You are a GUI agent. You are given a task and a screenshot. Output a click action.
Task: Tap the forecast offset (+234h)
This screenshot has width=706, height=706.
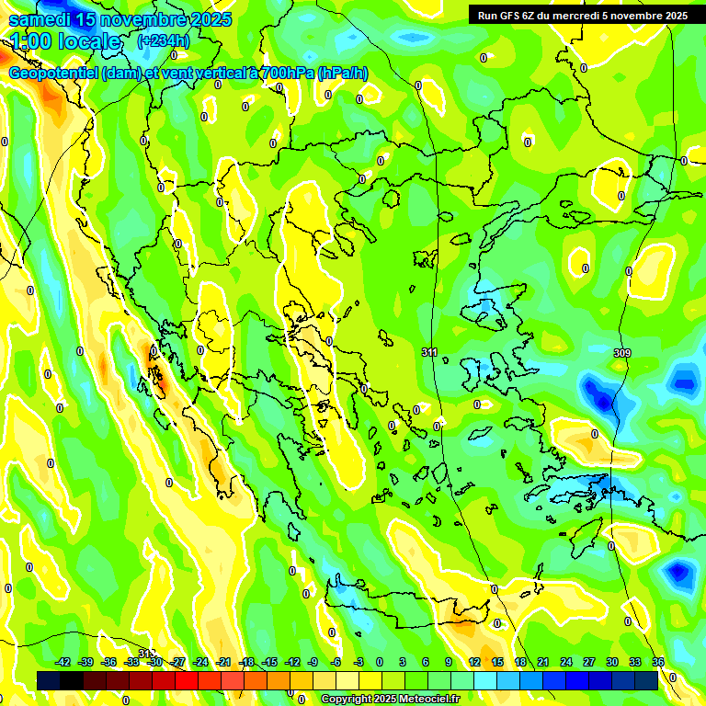pos(164,40)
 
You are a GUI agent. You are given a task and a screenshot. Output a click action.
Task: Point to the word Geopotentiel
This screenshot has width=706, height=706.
pos(53,74)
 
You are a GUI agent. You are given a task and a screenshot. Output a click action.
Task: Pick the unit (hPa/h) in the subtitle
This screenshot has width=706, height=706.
pos(343,74)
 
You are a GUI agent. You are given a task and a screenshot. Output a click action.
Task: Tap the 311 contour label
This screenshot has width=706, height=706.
pos(429,352)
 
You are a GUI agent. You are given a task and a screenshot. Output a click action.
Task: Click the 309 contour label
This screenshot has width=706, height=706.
pos(622,353)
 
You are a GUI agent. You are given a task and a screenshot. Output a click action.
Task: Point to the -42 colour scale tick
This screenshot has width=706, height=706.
pos(63,662)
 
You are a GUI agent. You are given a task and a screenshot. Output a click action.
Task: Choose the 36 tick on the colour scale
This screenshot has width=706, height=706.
pos(658,662)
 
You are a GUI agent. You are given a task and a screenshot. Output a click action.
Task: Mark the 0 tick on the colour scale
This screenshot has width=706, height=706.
pos(380,662)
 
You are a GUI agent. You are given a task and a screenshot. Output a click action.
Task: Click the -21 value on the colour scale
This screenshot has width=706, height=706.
pos(223,662)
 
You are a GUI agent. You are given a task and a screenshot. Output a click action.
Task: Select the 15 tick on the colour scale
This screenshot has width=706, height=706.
pos(497,662)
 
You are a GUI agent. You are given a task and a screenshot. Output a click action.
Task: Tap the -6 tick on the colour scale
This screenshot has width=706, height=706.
pos(336,662)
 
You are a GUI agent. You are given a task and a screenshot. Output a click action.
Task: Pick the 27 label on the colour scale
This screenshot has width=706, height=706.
pos(589,662)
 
